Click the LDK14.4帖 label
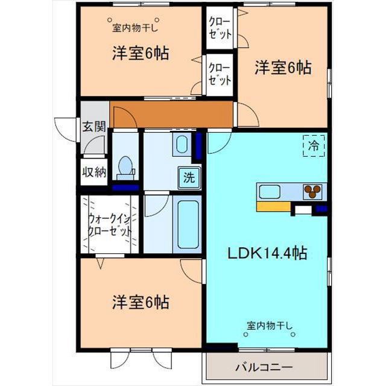267,253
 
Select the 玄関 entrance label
94,127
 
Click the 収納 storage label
94,172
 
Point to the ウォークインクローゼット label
110,226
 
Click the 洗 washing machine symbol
189,178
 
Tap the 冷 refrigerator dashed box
314,145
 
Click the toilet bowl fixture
125,166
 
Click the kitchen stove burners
312,192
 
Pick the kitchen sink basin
270,192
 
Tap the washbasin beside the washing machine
182,145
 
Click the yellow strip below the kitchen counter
273,206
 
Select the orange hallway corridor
172,113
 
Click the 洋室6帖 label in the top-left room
139,53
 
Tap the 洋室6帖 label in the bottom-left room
139,301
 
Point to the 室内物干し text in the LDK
270,326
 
